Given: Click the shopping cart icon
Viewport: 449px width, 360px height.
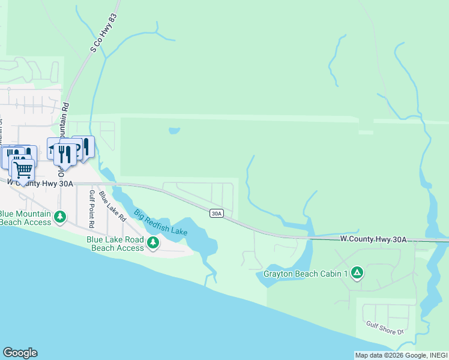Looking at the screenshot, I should pos(23,169).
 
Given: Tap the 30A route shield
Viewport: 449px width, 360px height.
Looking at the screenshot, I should pos(217,213).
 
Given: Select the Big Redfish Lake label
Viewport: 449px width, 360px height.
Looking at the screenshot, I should pos(160,222).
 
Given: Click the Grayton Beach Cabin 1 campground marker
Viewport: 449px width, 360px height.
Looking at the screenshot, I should pos(357,274).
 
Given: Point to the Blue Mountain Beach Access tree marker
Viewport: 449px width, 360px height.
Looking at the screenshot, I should pos(60,217).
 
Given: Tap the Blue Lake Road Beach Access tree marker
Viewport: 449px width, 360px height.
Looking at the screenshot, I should pos(154,243).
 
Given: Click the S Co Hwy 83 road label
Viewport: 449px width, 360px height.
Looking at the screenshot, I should pos(103,34).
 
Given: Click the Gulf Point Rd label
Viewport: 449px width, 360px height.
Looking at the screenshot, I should pos(92,208).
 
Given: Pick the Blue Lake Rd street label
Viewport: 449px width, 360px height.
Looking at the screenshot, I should pos(112,205).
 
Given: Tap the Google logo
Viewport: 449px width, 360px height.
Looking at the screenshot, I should pos(20,353).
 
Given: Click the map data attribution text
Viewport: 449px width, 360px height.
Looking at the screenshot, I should pos(401,355).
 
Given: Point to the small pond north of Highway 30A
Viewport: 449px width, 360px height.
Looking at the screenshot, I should pos(174,130).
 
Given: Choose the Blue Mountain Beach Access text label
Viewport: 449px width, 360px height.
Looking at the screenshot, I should pos(25,217).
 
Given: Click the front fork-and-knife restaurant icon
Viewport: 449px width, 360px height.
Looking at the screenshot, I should pos(64,154).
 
